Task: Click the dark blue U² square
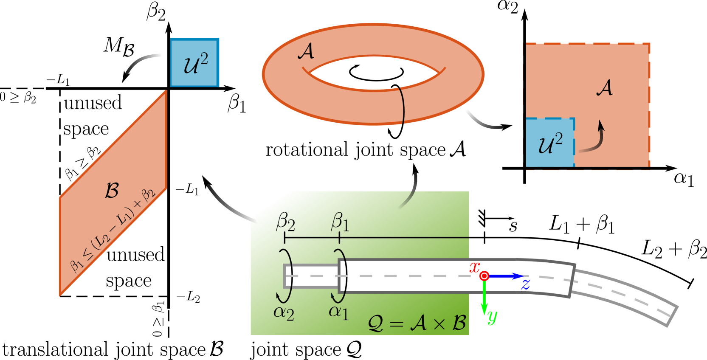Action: point(194,62)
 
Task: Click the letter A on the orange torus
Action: point(306,51)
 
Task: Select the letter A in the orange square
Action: point(605,88)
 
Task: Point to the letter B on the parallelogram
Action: point(112,191)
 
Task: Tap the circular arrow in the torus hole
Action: point(376,73)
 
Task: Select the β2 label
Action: point(285,222)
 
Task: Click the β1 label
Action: point(340,222)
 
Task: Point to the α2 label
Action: point(284,313)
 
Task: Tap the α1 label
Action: point(339,312)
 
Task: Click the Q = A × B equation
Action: point(417,323)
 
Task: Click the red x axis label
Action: point(474,267)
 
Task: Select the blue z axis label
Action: point(526,284)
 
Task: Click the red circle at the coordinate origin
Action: point(484,276)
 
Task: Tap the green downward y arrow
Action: point(484,299)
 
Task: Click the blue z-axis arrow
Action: point(505,276)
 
